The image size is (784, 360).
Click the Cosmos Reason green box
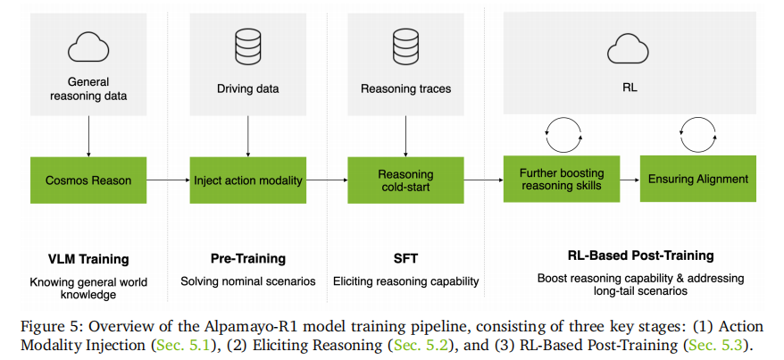(x=88, y=180)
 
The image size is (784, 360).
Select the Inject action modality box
(x=248, y=180)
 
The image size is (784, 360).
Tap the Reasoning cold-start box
(x=405, y=180)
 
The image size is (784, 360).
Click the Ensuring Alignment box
(x=698, y=179)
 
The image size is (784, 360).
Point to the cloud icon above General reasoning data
(x=88, y=44)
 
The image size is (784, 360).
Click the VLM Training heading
(x=88, y=259)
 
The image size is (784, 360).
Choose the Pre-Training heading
(x=247, y=259)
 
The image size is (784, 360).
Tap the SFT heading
(x=405, y=259)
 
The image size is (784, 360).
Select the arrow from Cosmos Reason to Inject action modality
(x=168, y=180)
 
